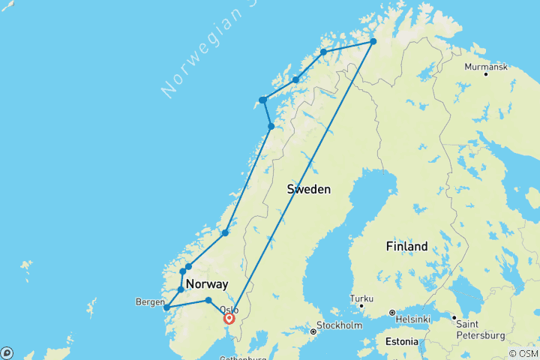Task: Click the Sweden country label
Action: (x=308, y=190)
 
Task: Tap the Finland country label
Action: (x=406, y=246)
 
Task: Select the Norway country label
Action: (x=206, y=284)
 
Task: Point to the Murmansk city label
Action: (x=486, y=67)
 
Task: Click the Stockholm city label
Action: (x=335, y=327)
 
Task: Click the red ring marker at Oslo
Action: (x=229, y=318)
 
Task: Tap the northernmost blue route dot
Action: (x=373, y=42)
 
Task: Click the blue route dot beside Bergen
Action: (x=166, y=307)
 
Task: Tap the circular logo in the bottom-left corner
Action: (x=7, y=352)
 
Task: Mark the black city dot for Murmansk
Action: (x=486, y=74)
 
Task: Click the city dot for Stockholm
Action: (x=313, y=331)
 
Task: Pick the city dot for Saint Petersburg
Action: (x=454, y=318)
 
